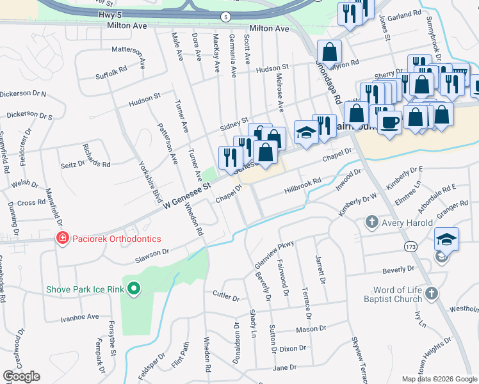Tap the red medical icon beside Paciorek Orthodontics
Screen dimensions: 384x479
pyautogui.click(x=62, y=239)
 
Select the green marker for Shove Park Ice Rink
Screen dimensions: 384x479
pyautogui.click(x=134, y=289)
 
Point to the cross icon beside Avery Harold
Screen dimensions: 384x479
pyautogui.click(x=371, y=222)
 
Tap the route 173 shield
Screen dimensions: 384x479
pyautogui.click(x=410, y=246)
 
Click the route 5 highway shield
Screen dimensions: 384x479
pyautogui.click(x=225, y=15)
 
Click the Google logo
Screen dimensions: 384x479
pyautogui.click(x=21, y=376)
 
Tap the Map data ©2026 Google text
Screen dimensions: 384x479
pyautogui.click(x=439, y=378)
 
